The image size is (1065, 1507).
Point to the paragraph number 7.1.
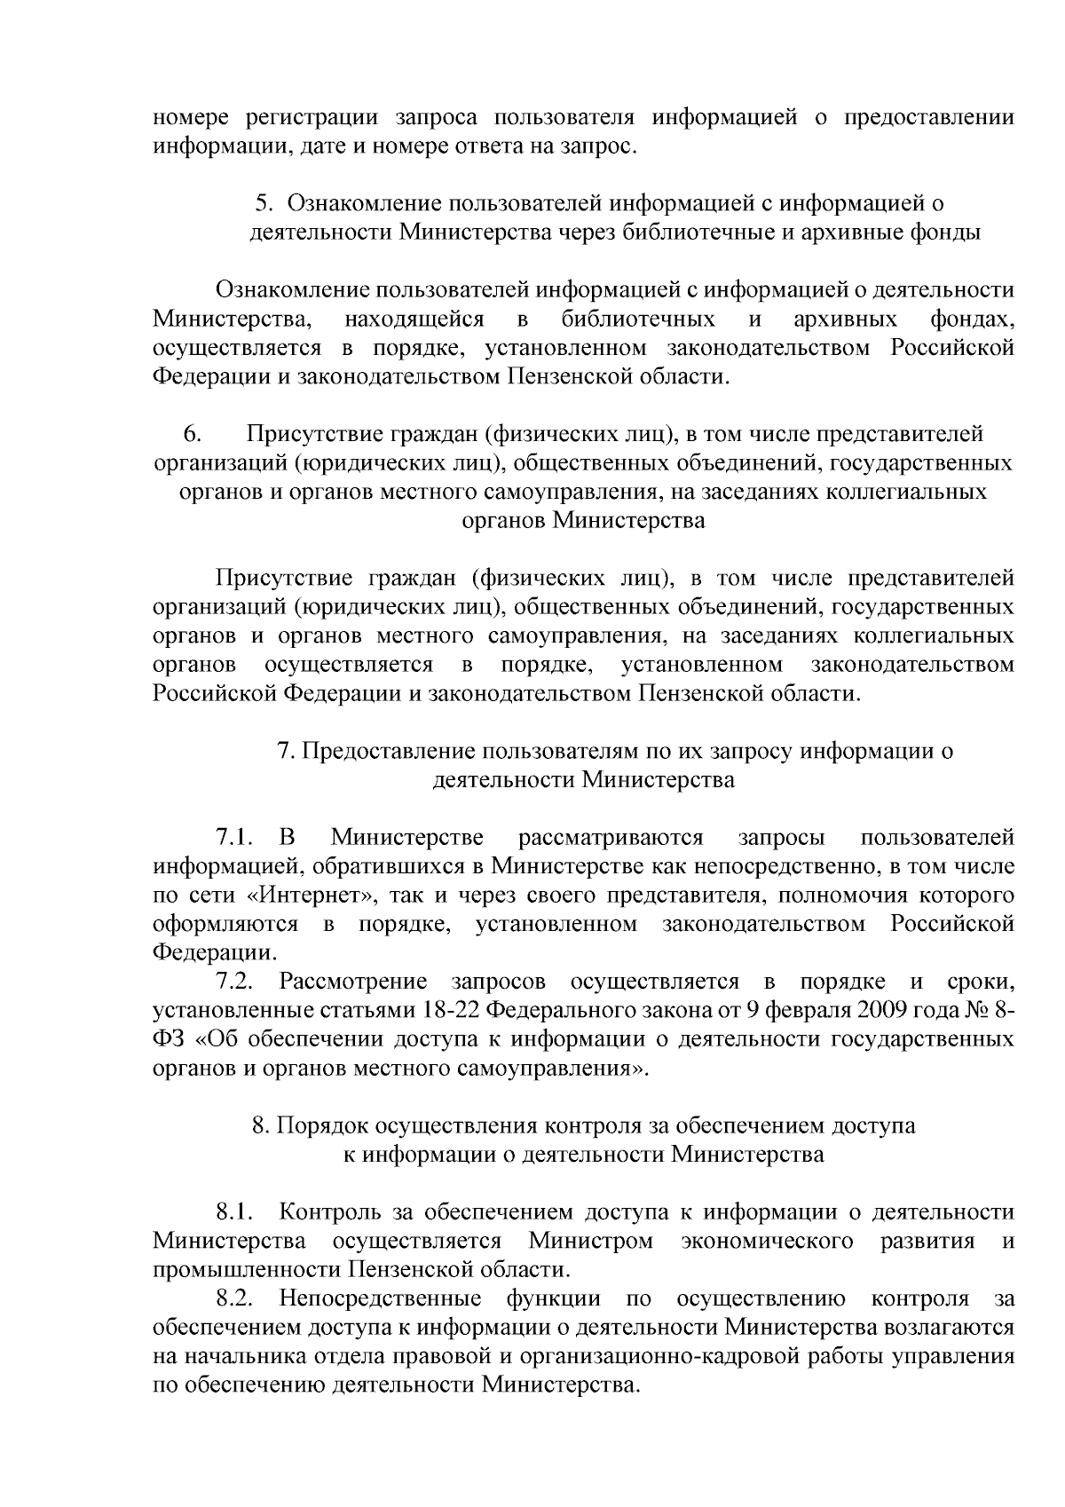tap(235, 838)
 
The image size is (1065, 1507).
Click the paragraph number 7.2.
tap(235, 982)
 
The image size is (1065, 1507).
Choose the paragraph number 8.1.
tap(235, 1212)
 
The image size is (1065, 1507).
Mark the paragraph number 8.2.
tap(235, 1299)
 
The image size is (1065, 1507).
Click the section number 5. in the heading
tap(263, 203)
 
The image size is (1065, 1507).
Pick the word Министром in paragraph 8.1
tap(590, 1241)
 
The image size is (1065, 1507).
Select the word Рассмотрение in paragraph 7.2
tap(352, 982)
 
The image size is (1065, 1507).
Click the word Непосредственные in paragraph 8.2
tap(380, 1299)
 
